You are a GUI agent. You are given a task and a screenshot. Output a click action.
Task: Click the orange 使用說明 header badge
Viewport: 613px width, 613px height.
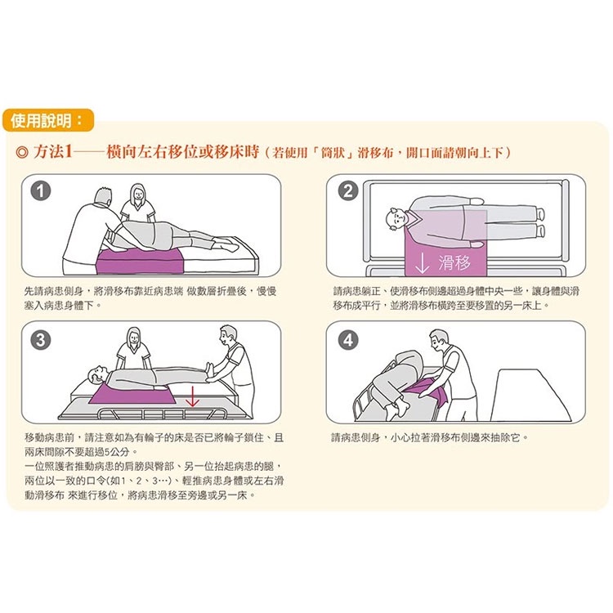point(48,120)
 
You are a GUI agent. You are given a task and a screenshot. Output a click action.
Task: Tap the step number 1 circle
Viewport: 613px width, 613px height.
point(41,191)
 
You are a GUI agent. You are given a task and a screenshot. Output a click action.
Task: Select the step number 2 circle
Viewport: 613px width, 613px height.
point(348,191)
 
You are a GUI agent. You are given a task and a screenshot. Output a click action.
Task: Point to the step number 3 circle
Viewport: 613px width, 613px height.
point(41,340)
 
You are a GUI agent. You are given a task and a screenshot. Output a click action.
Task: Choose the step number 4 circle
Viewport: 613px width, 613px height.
point(348,340)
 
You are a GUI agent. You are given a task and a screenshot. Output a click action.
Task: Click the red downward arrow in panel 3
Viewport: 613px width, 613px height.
point(191,396)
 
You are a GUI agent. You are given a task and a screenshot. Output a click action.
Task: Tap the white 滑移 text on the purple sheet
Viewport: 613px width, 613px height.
point(454,262)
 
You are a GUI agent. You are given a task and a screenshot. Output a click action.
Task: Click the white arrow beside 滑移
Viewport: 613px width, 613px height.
point(423,263)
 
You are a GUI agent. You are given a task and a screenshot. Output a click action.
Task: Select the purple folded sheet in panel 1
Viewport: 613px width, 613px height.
point(140,262)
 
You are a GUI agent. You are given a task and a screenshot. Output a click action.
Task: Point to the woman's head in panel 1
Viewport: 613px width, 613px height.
point(137,194)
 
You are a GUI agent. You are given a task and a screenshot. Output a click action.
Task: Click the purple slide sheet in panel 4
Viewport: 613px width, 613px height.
point(428,392)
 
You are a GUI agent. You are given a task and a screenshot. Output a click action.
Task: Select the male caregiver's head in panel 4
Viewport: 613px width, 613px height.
point(440,340)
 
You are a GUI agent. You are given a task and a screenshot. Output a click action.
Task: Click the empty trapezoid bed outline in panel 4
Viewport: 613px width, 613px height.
point(530,395)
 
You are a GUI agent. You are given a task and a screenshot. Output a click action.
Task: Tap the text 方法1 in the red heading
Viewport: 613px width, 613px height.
point(53,152)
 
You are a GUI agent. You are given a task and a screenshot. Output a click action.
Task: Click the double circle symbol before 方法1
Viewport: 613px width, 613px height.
point(22,152)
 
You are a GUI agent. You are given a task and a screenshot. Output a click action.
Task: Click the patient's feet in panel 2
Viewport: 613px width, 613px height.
point(540,222)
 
